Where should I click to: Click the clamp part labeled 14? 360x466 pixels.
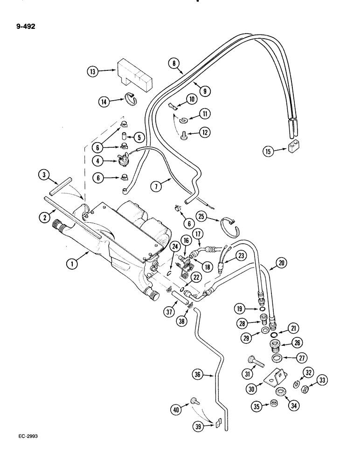click(130, 99)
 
